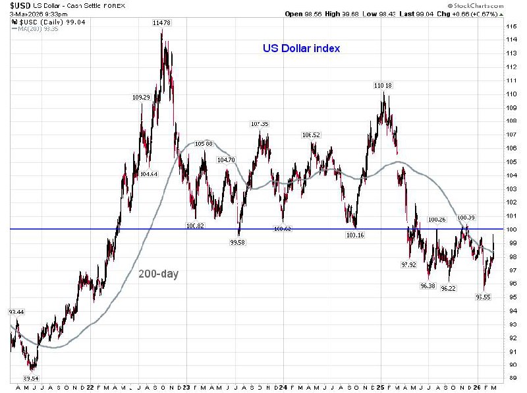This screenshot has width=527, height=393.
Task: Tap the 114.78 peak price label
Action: pyautogui.click(x=162, y=23)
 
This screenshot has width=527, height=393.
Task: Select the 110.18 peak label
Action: pyautogui.click(x=383, y=86)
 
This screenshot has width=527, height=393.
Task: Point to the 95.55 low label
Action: pyautogui.click(x=485, y=297)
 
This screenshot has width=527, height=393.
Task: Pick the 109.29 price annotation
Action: pyautogui.click(x=142, y=98)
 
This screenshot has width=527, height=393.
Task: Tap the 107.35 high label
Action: pyautogui.click(x=260, y=124)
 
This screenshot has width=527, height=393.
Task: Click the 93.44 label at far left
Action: pyautogui.click(x=16, y=311)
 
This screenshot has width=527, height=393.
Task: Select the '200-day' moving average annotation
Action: pyautogui.click(x=158, y=274)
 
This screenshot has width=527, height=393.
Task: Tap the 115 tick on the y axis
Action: pyautogui.click(x=511, y=26)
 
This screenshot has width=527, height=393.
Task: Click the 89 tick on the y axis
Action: pyautogui.click(x=511, y=378)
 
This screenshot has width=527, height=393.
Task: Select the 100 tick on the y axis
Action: pyautogui.click(x=511, y=229)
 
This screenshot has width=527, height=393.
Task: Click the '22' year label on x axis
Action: pyautogui.click(x=89, y=387)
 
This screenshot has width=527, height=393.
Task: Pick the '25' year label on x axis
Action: pyautogui.click(x=381, y=387)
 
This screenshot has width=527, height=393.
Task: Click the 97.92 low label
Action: pyautogui.click(x=409, y=264)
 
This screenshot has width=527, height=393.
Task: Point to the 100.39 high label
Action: pyautogui.click(x=466, y=217)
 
